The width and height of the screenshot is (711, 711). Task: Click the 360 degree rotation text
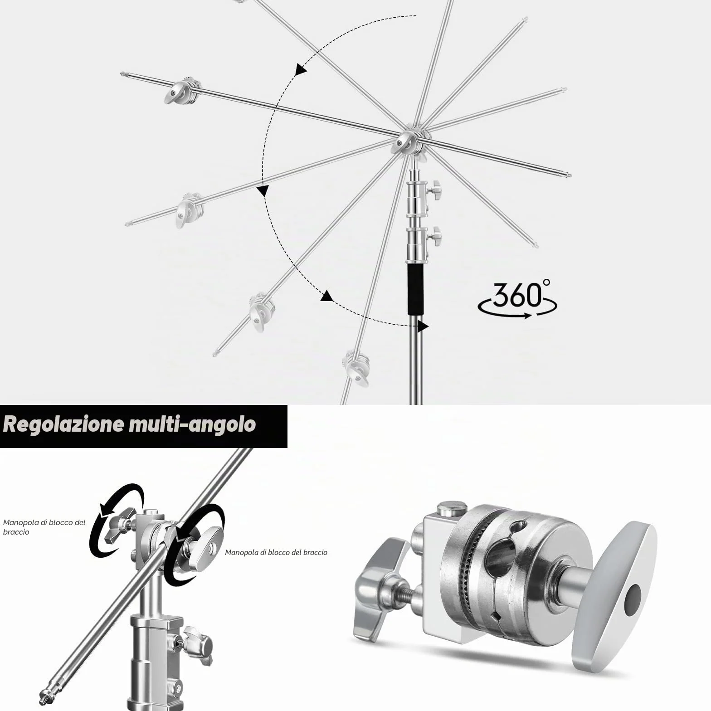517,300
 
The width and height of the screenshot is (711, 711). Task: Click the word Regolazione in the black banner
63,424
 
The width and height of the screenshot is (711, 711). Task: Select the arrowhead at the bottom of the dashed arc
423,326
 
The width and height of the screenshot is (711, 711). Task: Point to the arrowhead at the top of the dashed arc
300,69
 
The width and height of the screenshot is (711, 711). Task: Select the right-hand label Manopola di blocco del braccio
276,552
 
